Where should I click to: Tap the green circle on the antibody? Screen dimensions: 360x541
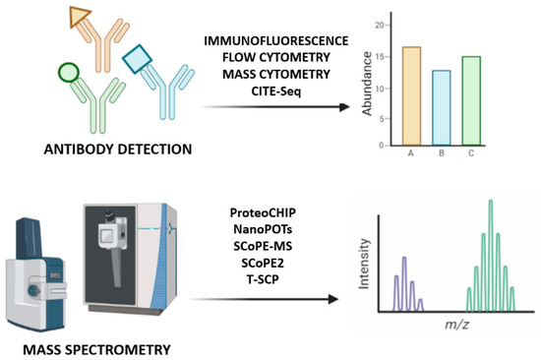68,73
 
